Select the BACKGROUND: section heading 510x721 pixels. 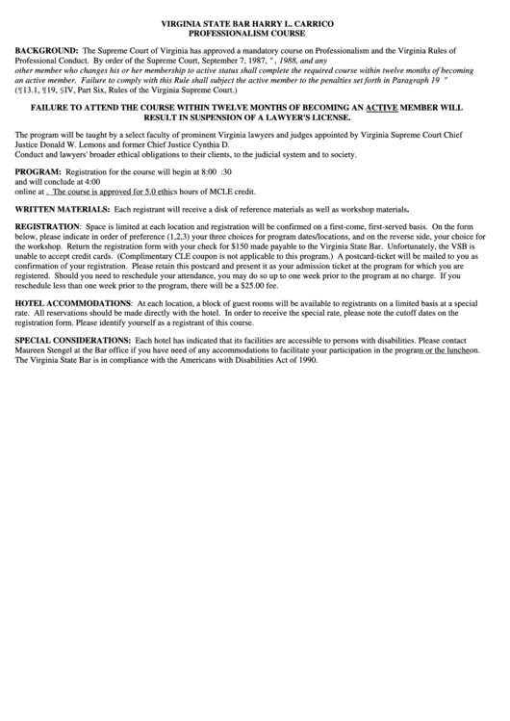point(45,46)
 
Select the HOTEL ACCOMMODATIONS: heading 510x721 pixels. point(71,302)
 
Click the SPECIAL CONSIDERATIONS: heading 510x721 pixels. point(73,341)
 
